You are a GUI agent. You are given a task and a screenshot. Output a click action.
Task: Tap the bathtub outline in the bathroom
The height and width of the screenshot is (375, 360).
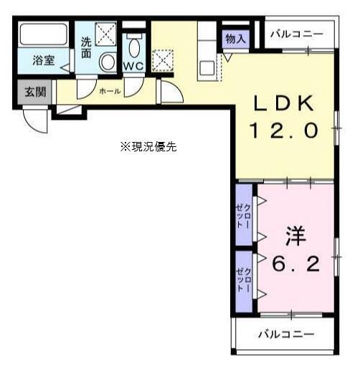click(x=43, y=35)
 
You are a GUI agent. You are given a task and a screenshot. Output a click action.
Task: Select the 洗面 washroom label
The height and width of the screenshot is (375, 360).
click(x=85, y=47)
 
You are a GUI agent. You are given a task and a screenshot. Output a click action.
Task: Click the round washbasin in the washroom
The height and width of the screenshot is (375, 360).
click(x=108, y=62)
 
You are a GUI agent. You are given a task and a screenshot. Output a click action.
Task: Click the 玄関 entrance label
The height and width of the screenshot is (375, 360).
click(x=34, y=91)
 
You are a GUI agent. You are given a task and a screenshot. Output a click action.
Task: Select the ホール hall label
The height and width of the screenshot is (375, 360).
click(x=110, y=92)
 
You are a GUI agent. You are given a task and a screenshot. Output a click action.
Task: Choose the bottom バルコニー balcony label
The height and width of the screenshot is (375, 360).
click(x=286, y=334)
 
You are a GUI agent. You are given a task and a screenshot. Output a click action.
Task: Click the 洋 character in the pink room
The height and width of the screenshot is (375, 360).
click(x=290, y=235)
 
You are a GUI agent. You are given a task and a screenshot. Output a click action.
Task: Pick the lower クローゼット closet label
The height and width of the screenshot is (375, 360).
click(x=244, y=278)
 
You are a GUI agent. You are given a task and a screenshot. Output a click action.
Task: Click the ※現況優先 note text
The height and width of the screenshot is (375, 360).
click(x=148, y=146)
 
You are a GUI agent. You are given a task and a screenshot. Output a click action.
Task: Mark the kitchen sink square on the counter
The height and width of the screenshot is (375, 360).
click(x=207, y=69)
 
